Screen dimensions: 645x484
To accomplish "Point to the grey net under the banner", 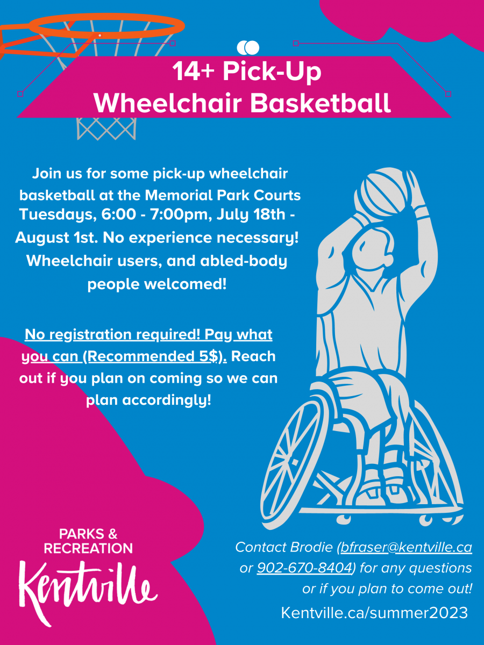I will point(106,128).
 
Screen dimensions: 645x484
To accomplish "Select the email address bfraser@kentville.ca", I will point(406,548).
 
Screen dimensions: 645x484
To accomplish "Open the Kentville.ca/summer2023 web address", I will point(374,612).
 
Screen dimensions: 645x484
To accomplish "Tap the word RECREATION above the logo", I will point(88,548).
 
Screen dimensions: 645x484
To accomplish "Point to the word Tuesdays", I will point(58,214).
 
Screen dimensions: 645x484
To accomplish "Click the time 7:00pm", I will point(174,214).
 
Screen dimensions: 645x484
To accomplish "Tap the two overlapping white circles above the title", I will point(248,48).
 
